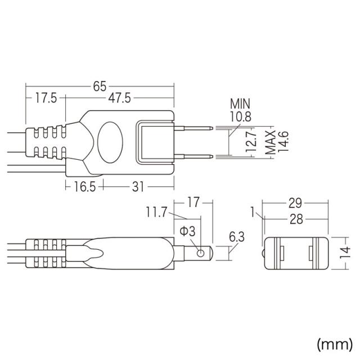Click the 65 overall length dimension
point(100,85)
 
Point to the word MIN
point(240,103)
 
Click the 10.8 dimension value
point(240,116)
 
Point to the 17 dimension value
point(194,201)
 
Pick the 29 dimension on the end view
point(296,201)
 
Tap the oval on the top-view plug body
point(109,141)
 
